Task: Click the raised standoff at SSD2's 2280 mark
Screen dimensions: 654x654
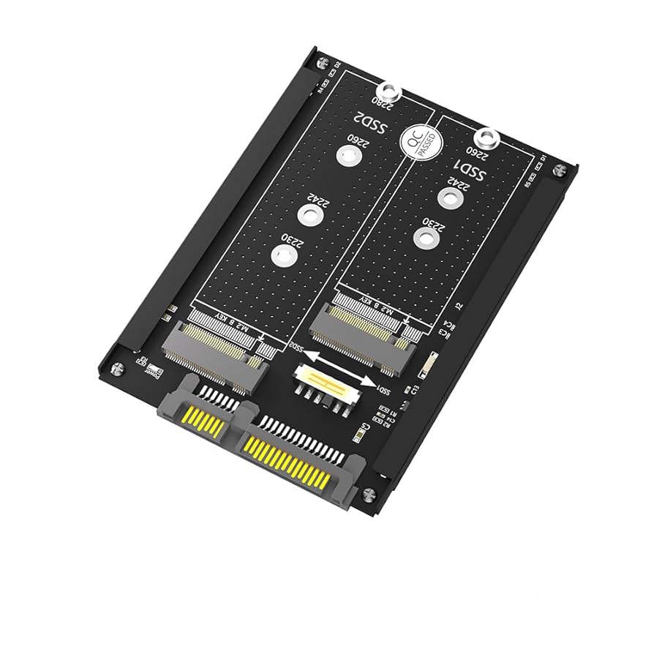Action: pyautogui.click(x=392, y=92)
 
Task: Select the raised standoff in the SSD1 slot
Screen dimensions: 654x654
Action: pyautogui.click(x=486, y=138)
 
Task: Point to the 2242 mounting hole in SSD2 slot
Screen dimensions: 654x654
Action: pyautogui.click(x=310, y=214)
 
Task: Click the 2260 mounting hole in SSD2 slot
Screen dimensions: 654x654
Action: pyautogui.click(x=348, y=155)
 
